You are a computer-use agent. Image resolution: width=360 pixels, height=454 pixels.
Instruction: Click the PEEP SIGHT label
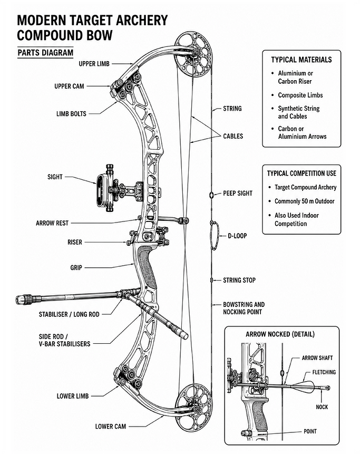click(238, 194)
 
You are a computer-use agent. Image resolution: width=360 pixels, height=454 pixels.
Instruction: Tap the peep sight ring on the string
click(211, 195)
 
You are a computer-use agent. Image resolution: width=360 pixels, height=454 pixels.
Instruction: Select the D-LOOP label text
click(237, 236)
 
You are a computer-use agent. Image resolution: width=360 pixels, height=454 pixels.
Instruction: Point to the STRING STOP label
click(239, 281)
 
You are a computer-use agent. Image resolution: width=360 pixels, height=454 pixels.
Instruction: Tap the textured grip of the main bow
click(147, 266)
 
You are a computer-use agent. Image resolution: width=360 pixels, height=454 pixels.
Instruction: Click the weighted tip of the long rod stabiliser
click(24, 299)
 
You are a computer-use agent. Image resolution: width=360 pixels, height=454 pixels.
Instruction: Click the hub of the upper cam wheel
click(196, 52)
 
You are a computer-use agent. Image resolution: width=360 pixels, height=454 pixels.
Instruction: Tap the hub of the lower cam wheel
click(196, 409)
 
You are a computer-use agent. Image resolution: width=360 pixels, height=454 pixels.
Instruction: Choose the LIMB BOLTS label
click(71, 114)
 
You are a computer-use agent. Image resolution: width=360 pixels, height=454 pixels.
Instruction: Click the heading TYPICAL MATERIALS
click(301, 60)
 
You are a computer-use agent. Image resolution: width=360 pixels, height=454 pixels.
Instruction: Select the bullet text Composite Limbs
click(300, 95)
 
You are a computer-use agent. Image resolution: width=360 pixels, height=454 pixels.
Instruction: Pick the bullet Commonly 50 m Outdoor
click(305, 201)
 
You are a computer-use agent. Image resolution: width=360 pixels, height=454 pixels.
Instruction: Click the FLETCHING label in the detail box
click(324, 372)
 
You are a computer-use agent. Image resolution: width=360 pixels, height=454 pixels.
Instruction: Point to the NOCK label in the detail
click(322, 407)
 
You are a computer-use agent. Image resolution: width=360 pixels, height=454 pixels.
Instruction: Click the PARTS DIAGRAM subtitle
click(45, 53)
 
